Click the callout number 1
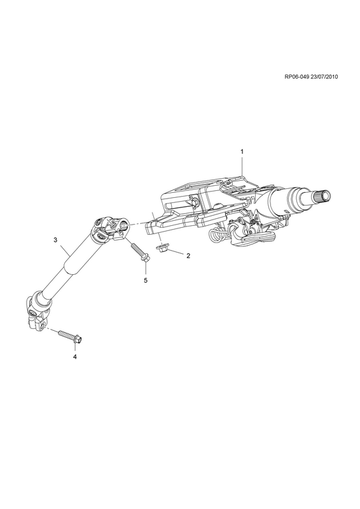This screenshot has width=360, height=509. [242, 151]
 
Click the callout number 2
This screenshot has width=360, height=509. [188, 256]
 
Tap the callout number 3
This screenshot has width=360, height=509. [55, 240]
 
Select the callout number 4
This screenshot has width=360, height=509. [74, 357]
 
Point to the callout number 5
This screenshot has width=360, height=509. [146, 280]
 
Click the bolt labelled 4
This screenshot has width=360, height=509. [70, 337]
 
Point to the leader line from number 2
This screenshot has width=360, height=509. [176, 252]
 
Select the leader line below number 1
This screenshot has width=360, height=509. [242, 165]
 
